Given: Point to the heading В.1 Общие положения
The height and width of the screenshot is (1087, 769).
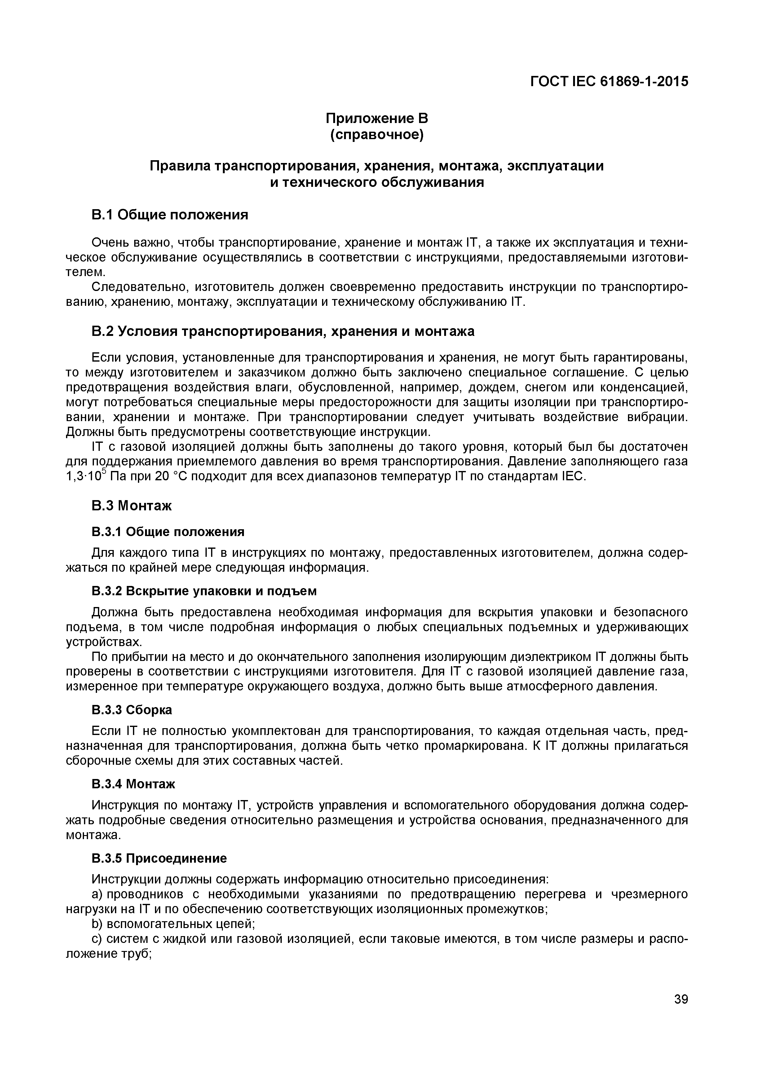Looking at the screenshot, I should click(x=170, y=215).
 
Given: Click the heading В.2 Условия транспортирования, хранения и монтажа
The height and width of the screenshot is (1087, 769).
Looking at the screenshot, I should click(x=283, y=332).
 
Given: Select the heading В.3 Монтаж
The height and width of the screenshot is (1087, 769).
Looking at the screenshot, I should click(x=131, y=506).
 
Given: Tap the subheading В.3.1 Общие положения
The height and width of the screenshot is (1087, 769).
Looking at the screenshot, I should click(x=168, y=532).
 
